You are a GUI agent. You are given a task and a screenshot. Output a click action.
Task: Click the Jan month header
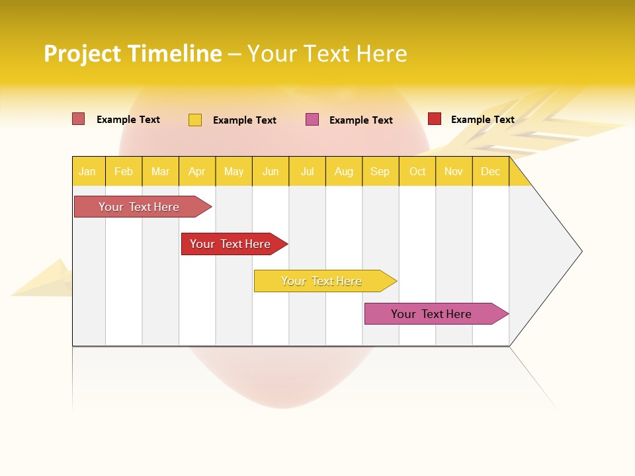pos(88,171)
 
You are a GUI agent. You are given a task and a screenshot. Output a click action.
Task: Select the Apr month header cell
pos(197,171)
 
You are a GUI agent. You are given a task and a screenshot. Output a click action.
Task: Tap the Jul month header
pos(307,171)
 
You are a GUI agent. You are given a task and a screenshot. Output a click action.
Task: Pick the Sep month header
pos(380,171)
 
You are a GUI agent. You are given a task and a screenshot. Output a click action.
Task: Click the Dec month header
pos(490,171)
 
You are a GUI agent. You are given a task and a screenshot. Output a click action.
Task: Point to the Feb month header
pos(124,171)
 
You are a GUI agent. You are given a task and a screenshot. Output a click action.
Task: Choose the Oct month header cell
pos(417,171)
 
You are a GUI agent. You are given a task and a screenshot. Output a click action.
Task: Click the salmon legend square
pos(79,119)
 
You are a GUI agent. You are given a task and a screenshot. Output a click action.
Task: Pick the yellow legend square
pos(195,120)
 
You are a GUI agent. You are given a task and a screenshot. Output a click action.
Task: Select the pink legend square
pos(312,120)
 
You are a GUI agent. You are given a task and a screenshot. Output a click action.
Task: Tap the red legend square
pos(435,119)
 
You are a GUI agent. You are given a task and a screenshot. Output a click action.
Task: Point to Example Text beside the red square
pos(482,120)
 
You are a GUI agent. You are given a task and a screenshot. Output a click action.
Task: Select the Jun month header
pos(271,171)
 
